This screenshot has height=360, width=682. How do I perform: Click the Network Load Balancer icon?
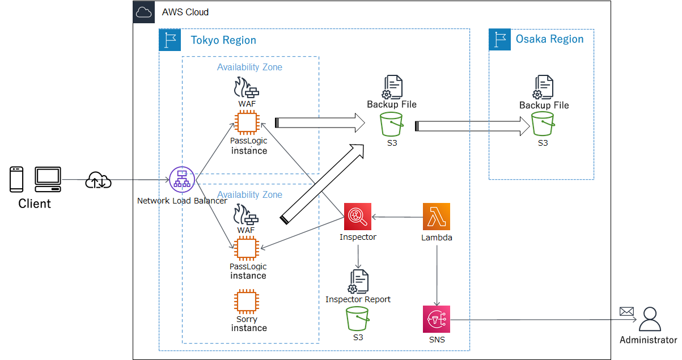click(x=182, y=180)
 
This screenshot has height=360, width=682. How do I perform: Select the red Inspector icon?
click(x=358, y=217)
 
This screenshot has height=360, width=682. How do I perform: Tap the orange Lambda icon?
click(x=437, y=217)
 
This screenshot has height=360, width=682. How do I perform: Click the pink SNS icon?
click(x=437, y=319)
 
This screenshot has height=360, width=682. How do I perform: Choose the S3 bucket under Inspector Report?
click(x=358, y=319)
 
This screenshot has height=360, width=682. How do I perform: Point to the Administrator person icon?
click(x=650, y=319)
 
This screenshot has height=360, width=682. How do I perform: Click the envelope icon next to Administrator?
click(x=626, y=311)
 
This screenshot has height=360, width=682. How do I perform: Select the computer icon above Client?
click(x=48, y=179)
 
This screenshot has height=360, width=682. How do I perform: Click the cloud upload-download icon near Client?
click(x=98, y=180)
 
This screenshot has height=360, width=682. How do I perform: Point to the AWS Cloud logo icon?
click(x=144, y=11)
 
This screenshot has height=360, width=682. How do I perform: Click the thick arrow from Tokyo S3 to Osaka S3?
click(x=471, y=126)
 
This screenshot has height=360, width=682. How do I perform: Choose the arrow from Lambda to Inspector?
click(x=397, y=217)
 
